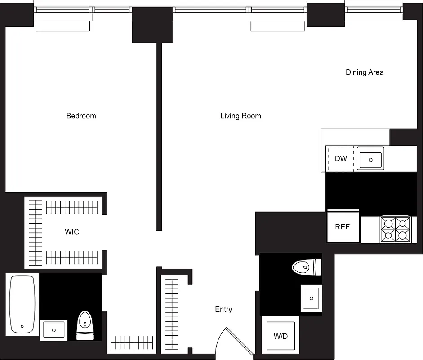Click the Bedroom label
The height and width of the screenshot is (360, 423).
(x=81, y=116)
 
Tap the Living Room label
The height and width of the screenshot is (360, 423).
(x=240, y=116)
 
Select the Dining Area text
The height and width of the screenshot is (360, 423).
(x=365, y=72)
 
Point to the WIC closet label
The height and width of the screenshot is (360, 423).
(x=72, y=232)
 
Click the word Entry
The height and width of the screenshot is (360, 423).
(x=223, y=309)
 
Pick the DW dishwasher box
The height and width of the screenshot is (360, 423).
(x=341, y=158)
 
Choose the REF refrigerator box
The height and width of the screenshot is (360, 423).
(x=343, y=227)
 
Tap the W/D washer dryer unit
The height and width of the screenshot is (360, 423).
(x=281, y=336)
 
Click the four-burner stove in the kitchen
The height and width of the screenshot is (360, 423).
(x=396, y=229)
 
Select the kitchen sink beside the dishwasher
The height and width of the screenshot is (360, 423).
(x=371, y=159)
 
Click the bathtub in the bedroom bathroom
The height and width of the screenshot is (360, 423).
(x=22, y=304)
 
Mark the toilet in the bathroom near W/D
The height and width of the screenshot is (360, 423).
(x=307, y=267)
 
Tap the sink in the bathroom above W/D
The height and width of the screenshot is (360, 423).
(x=312, y=297)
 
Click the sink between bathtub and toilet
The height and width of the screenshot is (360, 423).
(x=54, y=330)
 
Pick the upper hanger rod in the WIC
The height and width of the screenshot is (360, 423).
(x=72, y=207)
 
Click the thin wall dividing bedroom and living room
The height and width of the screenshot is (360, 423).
(x=159, y=135)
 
